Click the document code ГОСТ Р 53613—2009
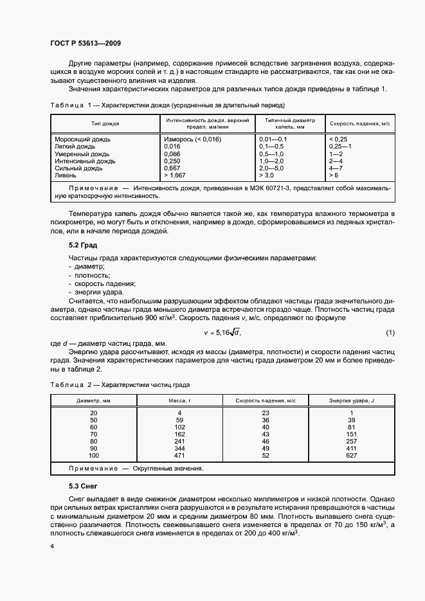(x=85, y=44)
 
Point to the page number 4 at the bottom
(x=51, y=545)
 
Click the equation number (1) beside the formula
(x=390, y=332)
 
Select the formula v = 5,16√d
(x=222, y=332)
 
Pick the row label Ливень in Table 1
(x=66, y=175)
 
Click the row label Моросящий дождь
(x=83, y=139)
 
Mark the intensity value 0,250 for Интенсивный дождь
(x=172, y=161)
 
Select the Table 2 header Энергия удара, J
(x=352, y=400)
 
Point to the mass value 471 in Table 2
(x=180, y=455)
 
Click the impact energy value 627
(x=352, y=455)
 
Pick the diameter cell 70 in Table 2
(x=94, y=434)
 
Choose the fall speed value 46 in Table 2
(x=266, y=441)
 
